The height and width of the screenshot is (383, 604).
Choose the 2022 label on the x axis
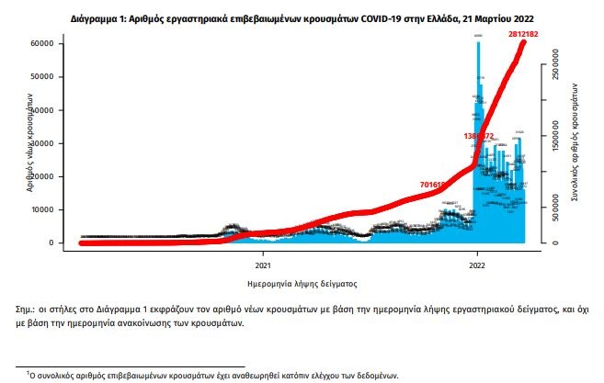pos(477,264)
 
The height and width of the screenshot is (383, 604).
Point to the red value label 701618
pos(433,185)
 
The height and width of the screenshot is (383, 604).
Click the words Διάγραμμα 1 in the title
pos(98,17)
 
